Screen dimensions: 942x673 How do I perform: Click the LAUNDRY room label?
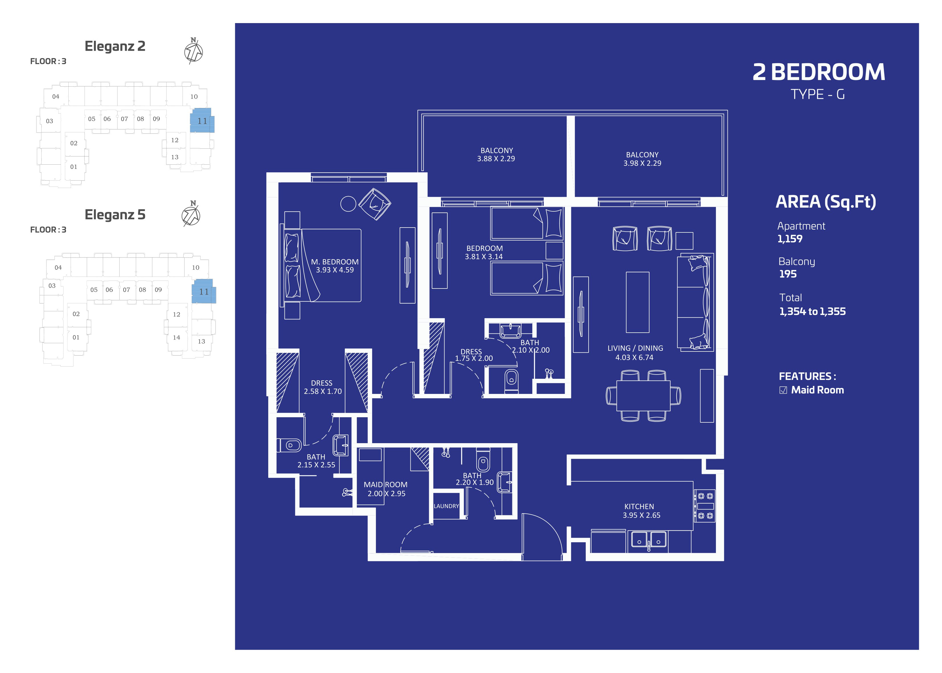tap(446, 506)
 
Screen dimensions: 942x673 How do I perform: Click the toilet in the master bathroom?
tap(289, 445)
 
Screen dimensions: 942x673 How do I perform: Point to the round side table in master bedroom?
tap(348, 203)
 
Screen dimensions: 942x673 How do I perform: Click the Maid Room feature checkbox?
tap(783, 390)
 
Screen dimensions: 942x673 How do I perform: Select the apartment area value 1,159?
tap(790, 239)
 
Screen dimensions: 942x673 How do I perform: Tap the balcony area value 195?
tap(787, 274)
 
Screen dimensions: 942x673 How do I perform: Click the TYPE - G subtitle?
tap(817, 95)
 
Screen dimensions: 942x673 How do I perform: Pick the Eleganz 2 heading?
tap(115, 46)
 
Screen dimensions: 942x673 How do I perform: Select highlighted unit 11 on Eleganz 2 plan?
tap(202, 120)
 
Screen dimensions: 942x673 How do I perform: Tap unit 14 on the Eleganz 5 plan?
tap(177, 337)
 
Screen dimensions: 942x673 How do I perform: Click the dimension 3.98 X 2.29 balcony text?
tap(642, 163)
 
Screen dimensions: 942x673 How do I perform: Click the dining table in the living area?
tap(643, 395)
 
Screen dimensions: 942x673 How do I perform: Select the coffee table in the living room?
tap(638, 302)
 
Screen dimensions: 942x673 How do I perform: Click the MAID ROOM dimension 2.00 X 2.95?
tap(386, 494)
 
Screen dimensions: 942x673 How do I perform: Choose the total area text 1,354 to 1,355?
tap(812, 312)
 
